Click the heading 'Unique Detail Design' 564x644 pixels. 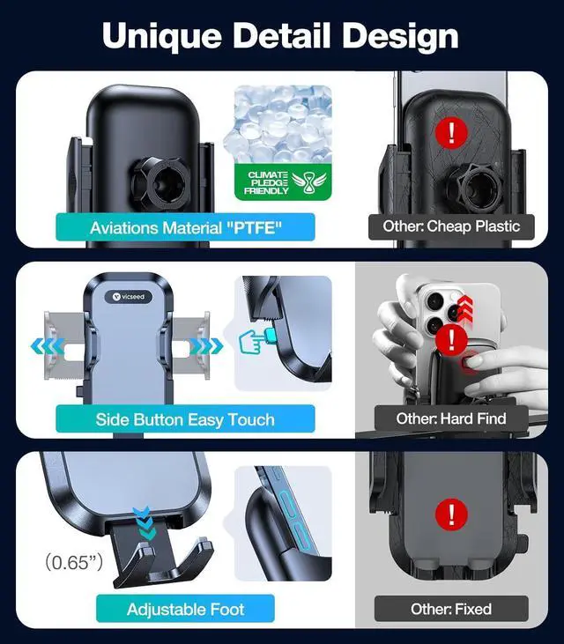click(x=280, y=35)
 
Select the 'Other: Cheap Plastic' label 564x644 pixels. click(x=451, y=226)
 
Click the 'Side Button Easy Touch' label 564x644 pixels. click(x=185, y=419)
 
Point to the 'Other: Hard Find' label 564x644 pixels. click(x=450, y=418)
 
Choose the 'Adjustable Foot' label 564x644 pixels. click(x=185, y=609)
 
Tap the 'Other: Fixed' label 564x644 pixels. click(x=450, y=609)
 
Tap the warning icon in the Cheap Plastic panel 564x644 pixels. click(x=452, y=133)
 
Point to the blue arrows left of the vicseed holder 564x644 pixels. click(x=43, y=346)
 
